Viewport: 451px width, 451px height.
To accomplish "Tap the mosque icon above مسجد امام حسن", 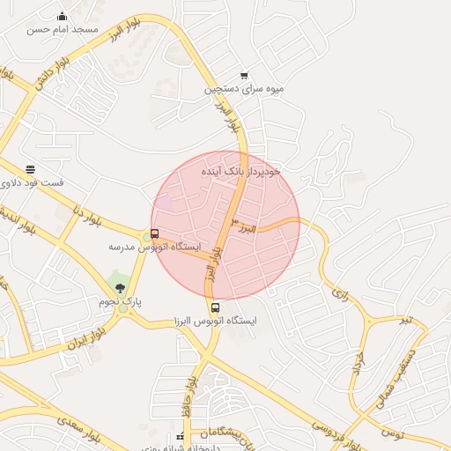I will pyautogui.click(x=62, y=16).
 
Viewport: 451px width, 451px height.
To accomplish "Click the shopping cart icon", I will pyautogui.click(x=244, y=76).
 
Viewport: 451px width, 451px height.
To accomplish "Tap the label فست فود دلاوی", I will pyautogui.click(x=31, y=181).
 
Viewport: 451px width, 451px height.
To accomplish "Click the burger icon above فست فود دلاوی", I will pyautogui.click(x=31, y=169).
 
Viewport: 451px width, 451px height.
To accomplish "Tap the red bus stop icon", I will pyautogui.click(x=155, y=233).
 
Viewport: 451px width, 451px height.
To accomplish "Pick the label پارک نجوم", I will pyautogui.click(x=120, y=302).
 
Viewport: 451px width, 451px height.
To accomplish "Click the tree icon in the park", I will pyautogui.click(x=120, y=288).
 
